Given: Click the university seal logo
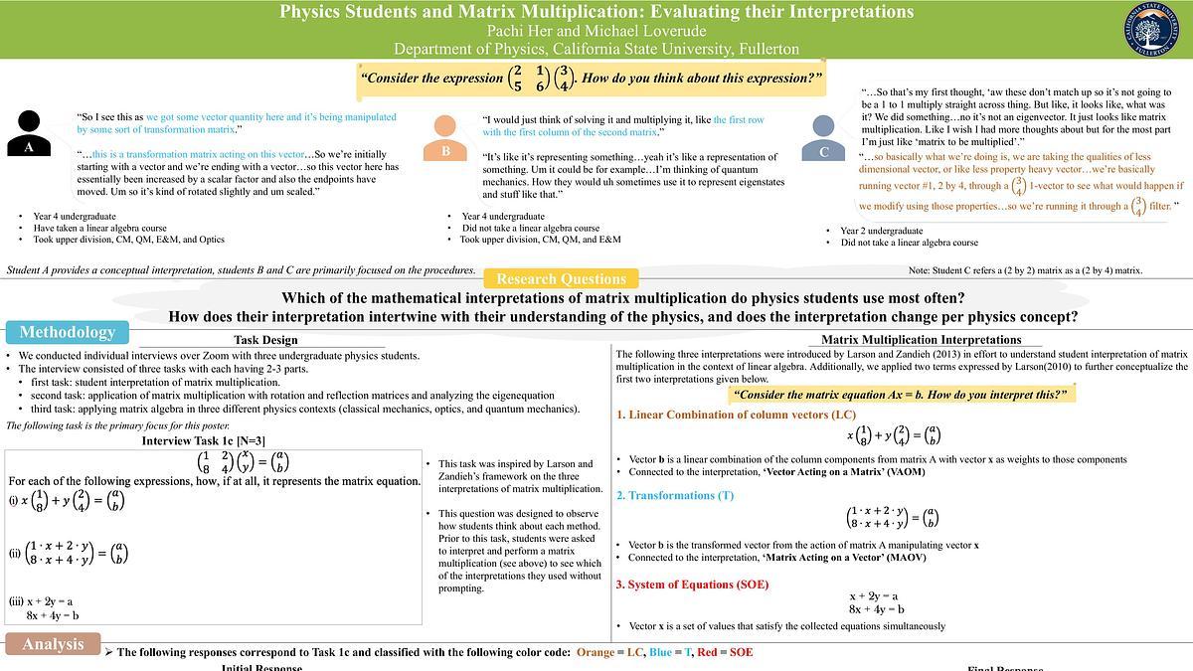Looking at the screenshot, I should click(1156, 30).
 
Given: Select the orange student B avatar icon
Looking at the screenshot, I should click(445, 138).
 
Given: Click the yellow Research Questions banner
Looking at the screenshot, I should click(561, 279).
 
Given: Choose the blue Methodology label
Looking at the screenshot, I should click(68, 332).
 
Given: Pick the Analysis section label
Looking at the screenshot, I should click(53, 644).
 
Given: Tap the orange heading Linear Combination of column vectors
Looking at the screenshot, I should click(736, 415).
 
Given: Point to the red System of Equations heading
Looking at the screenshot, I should click(692, 585).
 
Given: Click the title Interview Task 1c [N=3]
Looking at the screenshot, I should click(203, 440).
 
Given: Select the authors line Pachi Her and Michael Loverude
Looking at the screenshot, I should click(596, 31).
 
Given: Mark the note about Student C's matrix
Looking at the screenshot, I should click(1025, 270).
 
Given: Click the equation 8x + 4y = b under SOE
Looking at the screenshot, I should click(876, 608).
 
